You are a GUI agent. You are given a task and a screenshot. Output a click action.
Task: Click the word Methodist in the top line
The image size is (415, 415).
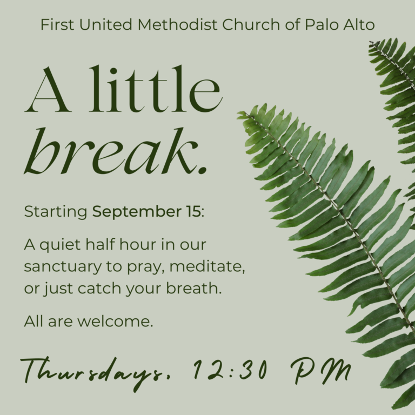click(x=177, y=25)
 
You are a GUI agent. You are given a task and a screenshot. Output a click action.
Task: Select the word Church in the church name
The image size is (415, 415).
click(x=251, y=25)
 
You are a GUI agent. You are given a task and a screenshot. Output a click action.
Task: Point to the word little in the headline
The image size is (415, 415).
click(x=156, y=89)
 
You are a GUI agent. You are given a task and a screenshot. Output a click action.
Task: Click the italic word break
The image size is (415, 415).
click(x=111, y=151)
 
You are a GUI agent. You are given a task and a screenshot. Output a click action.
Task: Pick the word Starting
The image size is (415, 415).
click(x=56, y=212)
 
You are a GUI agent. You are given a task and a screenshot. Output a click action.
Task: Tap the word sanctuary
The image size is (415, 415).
click(x=63, y=267)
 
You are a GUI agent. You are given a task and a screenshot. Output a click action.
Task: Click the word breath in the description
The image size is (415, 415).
click(x=194, y=287)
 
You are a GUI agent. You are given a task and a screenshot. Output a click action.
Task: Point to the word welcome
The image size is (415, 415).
click(x=115, y=322)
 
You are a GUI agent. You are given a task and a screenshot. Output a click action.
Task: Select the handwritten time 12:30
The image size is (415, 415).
click(x=230, y=370)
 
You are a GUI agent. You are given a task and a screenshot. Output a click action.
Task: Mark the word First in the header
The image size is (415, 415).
click(x=57, y=25)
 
